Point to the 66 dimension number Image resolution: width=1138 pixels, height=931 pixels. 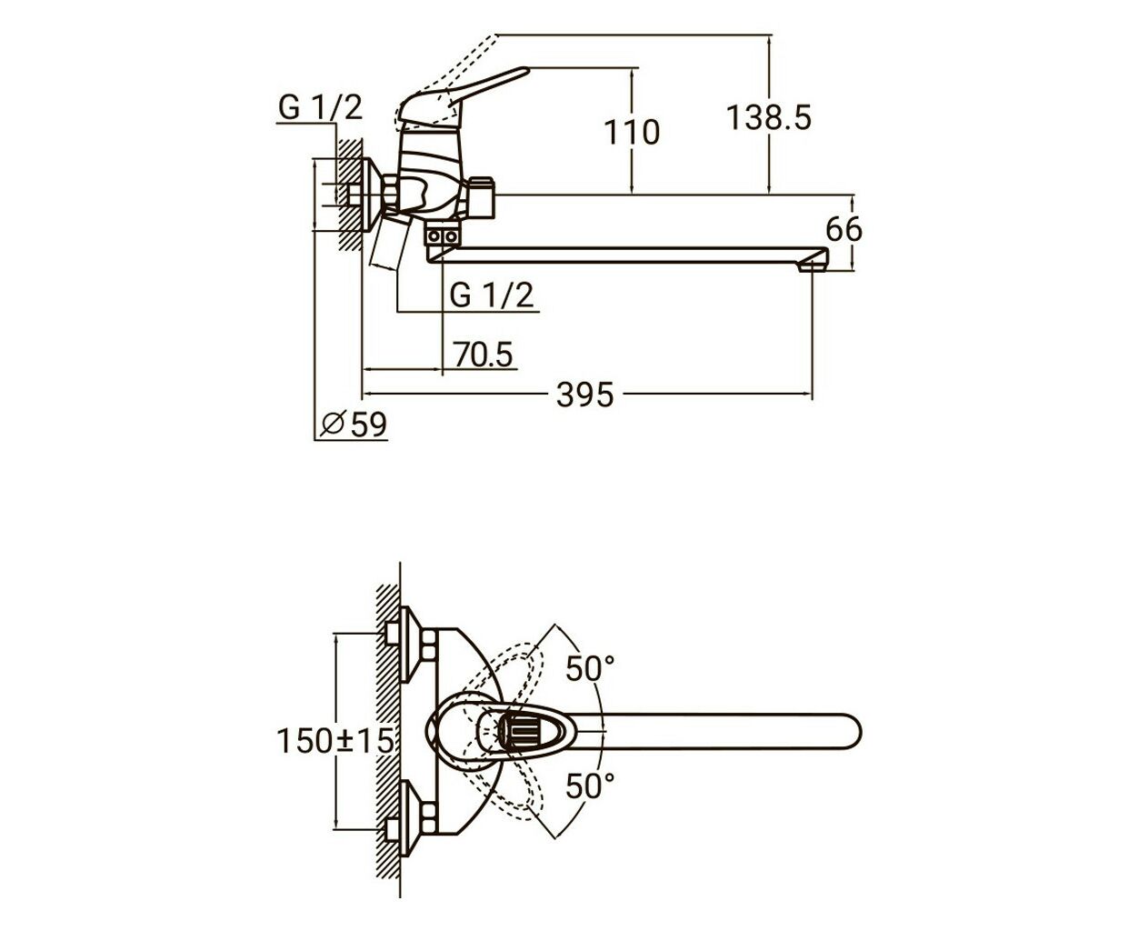click(x=844, y=229)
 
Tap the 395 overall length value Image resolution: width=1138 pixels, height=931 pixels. click(x=585, y=395)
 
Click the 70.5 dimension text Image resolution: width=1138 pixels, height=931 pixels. click(x=483, y=355)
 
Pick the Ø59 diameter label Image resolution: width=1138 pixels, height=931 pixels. click(x=354, y=425)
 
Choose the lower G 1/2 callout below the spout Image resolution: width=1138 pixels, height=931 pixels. click(x=491, y=295)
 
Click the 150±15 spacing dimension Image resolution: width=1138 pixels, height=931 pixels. click(x=334, y=740)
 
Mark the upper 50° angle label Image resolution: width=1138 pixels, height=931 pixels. click(x=590, y=669)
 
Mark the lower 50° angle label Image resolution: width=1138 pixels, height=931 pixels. click(x=590, y=786)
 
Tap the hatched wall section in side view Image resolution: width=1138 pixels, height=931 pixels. click(x=350, y=194)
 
